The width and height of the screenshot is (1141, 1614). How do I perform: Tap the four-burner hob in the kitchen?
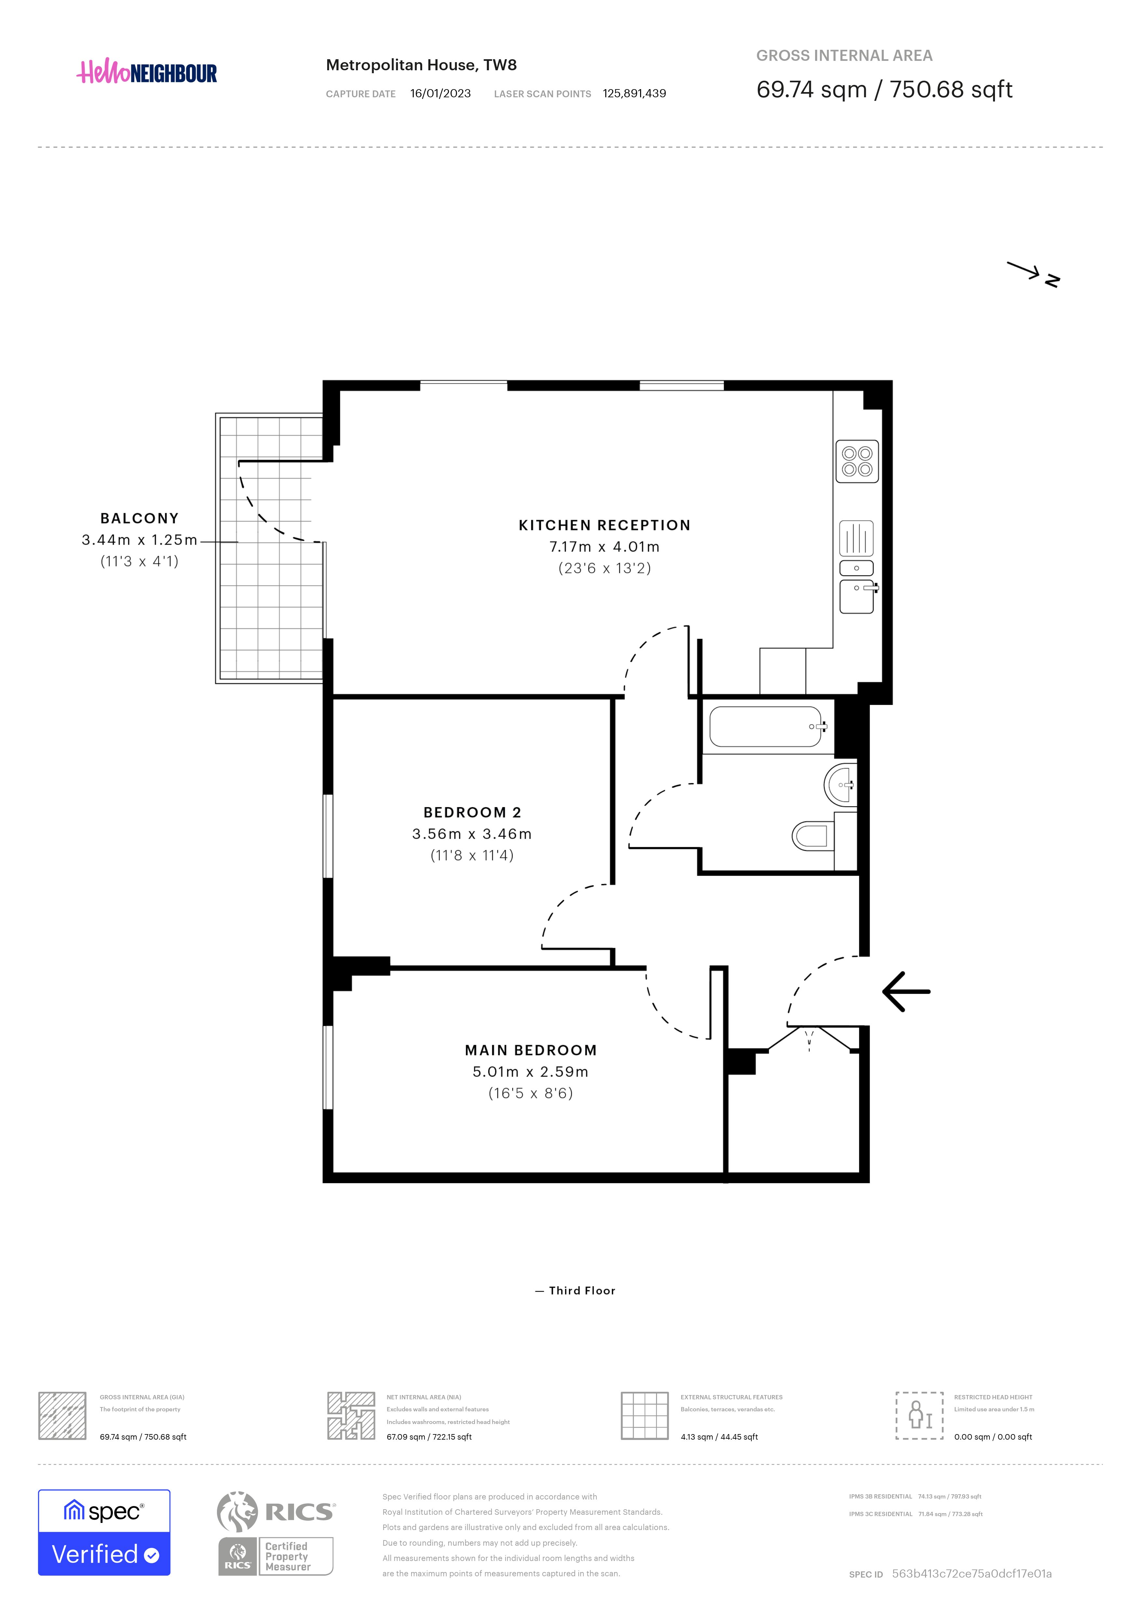tap(857, 461)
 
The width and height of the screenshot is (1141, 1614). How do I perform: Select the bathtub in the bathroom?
tap(768, 726)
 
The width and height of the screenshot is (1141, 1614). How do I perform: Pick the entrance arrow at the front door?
tap(906, 991)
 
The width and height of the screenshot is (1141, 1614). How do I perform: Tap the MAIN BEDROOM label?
tap(531, 1050)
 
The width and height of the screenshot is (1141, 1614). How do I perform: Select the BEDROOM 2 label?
tap(472, 813)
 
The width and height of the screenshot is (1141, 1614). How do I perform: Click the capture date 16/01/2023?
tap(440, 93)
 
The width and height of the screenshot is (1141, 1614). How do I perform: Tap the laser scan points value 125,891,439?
tap(635, 93)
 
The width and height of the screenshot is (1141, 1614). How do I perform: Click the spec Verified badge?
tap(104, 1532)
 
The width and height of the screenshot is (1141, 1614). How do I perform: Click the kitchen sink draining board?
tap(856, 538)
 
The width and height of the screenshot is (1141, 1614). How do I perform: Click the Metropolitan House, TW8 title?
tap(422, 65)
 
